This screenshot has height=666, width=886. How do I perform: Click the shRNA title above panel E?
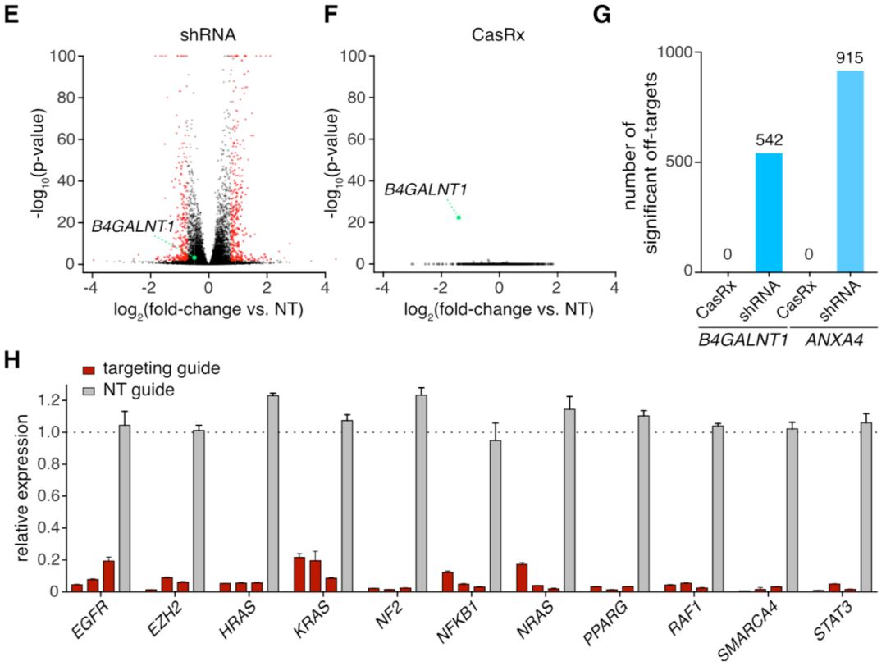click(x=208, y=36)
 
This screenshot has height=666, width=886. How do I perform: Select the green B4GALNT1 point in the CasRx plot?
click(x=459, y=217)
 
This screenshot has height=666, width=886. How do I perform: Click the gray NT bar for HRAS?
click(x=273, y=492)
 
